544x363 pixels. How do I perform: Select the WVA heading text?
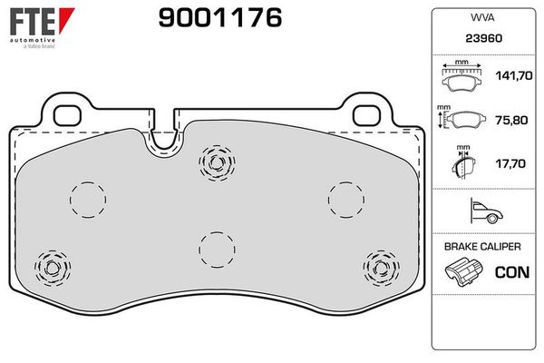coord(481,18)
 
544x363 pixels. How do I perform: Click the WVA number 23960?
coord(481,40)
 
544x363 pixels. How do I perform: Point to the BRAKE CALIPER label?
coord(481,247)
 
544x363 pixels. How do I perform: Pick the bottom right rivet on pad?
coord(379,266)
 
